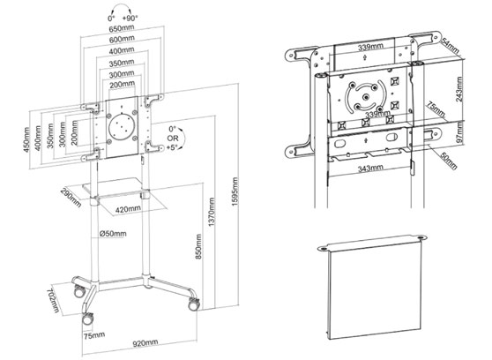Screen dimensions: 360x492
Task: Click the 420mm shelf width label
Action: tap(129, 208)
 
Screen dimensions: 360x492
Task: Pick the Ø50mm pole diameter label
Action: tap(113, 234)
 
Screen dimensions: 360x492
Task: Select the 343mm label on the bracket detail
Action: tap(369, 166)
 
